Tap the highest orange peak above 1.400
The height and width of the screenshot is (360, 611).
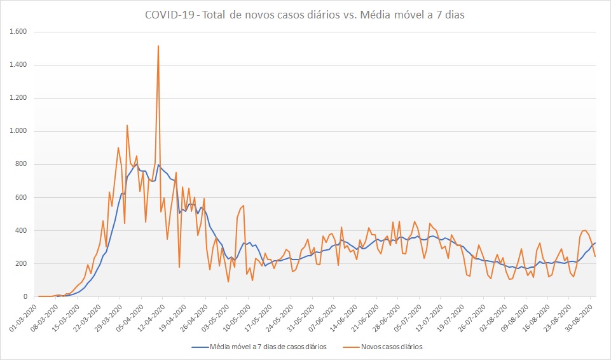tap(158, 46)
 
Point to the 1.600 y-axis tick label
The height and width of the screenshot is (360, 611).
tap(23, 32)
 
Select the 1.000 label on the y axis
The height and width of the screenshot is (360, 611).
tap(23, 131)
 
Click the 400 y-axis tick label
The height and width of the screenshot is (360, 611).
tap(27, 230)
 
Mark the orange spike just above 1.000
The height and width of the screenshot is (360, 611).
tap(127, 126)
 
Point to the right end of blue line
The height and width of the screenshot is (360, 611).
tap(595, 243)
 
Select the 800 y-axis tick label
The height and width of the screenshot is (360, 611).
tap(27, 164)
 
